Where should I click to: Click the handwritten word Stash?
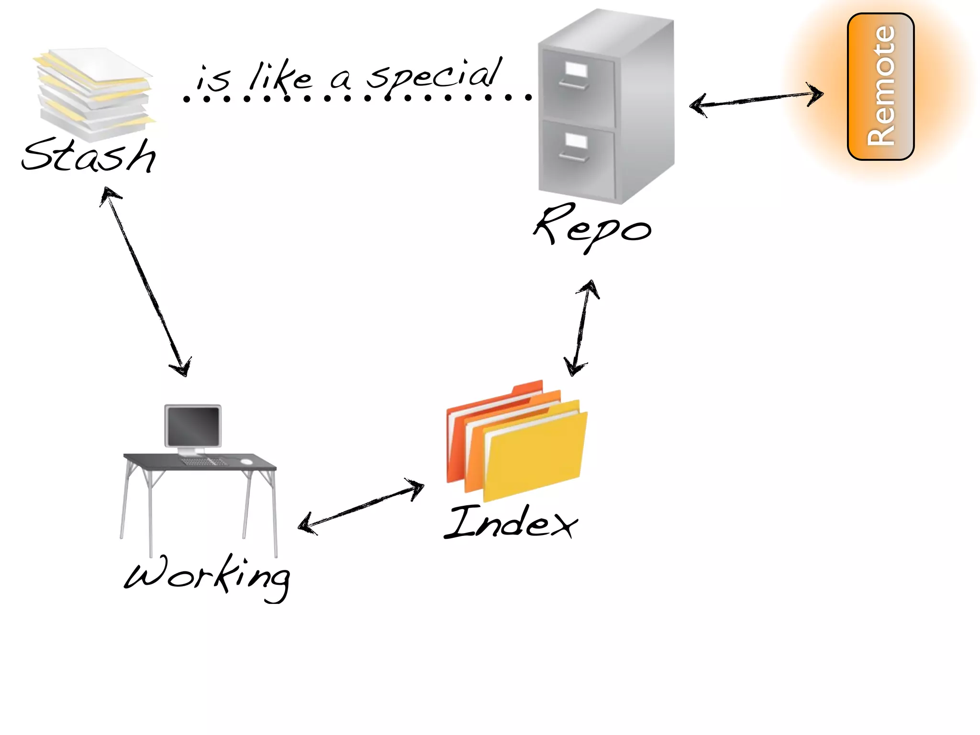(89, 156)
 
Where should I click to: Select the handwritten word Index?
(511, 523)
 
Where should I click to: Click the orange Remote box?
(880, 87)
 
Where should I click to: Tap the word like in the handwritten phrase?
(280, 77)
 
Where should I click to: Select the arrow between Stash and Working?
(146, 282)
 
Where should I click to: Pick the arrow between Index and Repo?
(581, 328)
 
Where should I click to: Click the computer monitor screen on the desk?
(193, 425)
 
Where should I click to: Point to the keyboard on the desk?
(203, 462)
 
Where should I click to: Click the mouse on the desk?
(246, 461)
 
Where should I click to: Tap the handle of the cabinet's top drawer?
(573, 85)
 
